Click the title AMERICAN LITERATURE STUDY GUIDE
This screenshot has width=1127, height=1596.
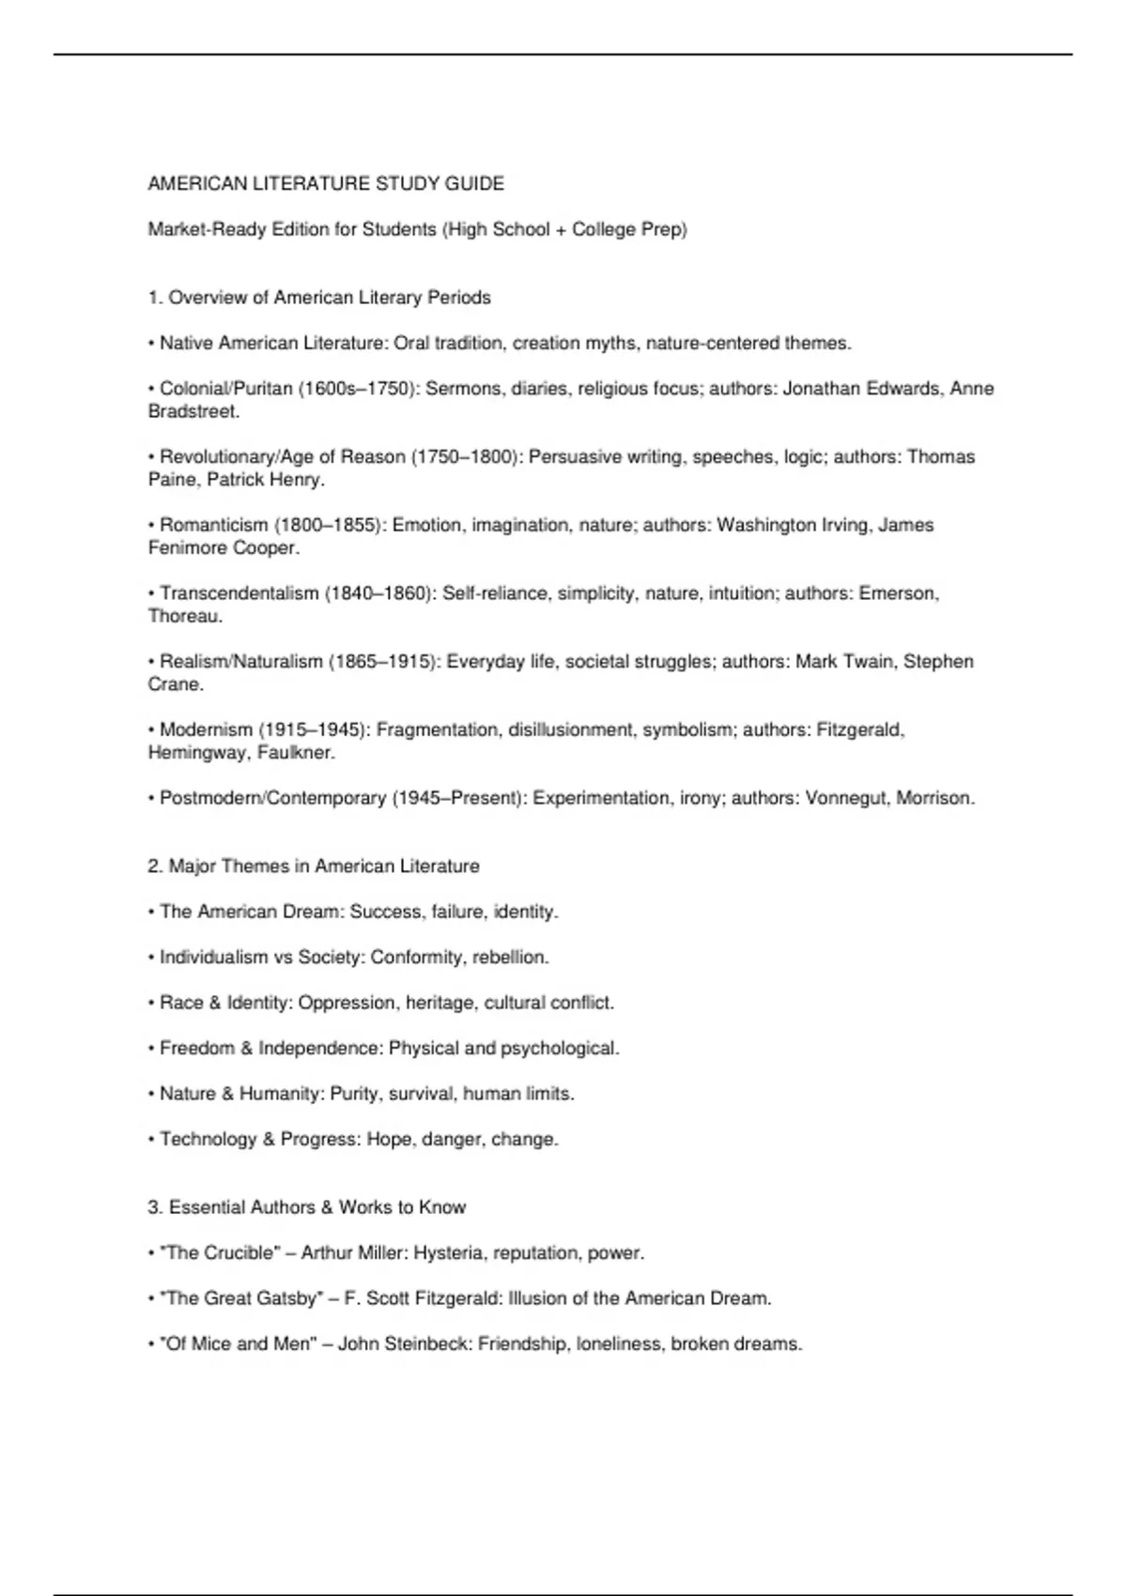coord(326,184)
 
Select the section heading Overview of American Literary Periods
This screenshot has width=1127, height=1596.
coord(329,298)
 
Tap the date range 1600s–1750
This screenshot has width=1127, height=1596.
coord(358,389)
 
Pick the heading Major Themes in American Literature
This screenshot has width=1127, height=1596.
coord(323,867)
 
